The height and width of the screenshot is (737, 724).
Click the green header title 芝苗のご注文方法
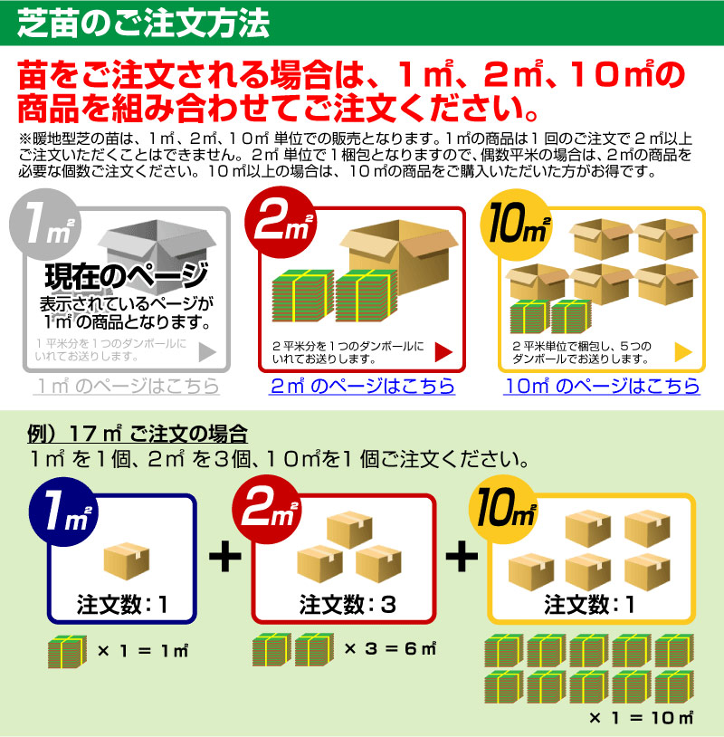[143, 23]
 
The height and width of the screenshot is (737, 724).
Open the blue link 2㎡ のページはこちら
[362, 386]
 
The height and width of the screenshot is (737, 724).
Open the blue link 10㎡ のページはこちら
[602, 386]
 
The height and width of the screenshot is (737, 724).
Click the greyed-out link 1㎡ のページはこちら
[128, 386]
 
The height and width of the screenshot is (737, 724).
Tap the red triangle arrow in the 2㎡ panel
[443, 352]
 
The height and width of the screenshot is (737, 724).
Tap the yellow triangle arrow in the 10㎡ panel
[683, 352]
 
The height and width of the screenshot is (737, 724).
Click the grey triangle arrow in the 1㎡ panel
[207, 352]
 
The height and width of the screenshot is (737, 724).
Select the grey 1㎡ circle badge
[45, 225]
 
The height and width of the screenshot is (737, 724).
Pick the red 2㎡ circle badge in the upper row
[281, 223]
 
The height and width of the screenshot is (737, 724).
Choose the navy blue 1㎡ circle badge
[64, 512]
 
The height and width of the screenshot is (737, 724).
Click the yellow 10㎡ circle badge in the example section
[504, 510]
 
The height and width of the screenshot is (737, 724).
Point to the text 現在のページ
[127, 276]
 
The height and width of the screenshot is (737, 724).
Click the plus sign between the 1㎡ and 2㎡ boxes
[225, 557]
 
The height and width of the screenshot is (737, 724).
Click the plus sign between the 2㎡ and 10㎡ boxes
[462, 557]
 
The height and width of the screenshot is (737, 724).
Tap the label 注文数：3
[348, 605]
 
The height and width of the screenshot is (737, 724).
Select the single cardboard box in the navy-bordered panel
[127, 560]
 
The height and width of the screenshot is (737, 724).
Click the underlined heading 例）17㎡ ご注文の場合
[138, 434]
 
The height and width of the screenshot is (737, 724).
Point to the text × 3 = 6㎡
[390, 649]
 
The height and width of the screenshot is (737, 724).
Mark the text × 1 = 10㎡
[641, 718]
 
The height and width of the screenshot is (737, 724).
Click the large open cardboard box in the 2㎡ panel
[399, 255]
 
